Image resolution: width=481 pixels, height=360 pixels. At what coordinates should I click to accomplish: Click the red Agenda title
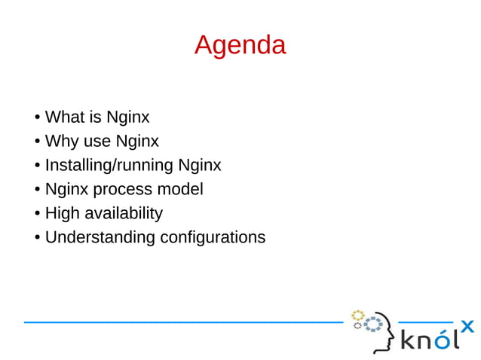tap(240, 45)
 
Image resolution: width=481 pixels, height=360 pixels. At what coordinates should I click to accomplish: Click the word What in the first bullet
tap(62, 117)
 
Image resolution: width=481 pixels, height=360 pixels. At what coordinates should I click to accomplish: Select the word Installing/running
tap(109, 166)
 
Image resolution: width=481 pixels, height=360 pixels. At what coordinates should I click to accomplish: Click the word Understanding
tap(100, 237)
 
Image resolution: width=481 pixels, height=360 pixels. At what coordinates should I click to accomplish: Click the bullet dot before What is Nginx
tap(37, 118)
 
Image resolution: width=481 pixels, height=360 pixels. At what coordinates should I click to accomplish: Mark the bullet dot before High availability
tap(37, 214)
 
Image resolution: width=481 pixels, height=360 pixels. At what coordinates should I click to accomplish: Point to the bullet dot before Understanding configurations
tap(37, 238)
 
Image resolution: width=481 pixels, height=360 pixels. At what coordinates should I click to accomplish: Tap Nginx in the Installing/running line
tap(199, 166)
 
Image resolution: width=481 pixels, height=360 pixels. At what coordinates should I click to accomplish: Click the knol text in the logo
tap(429, 340)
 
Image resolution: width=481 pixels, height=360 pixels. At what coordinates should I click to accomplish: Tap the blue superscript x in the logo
tap(467, 326)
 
